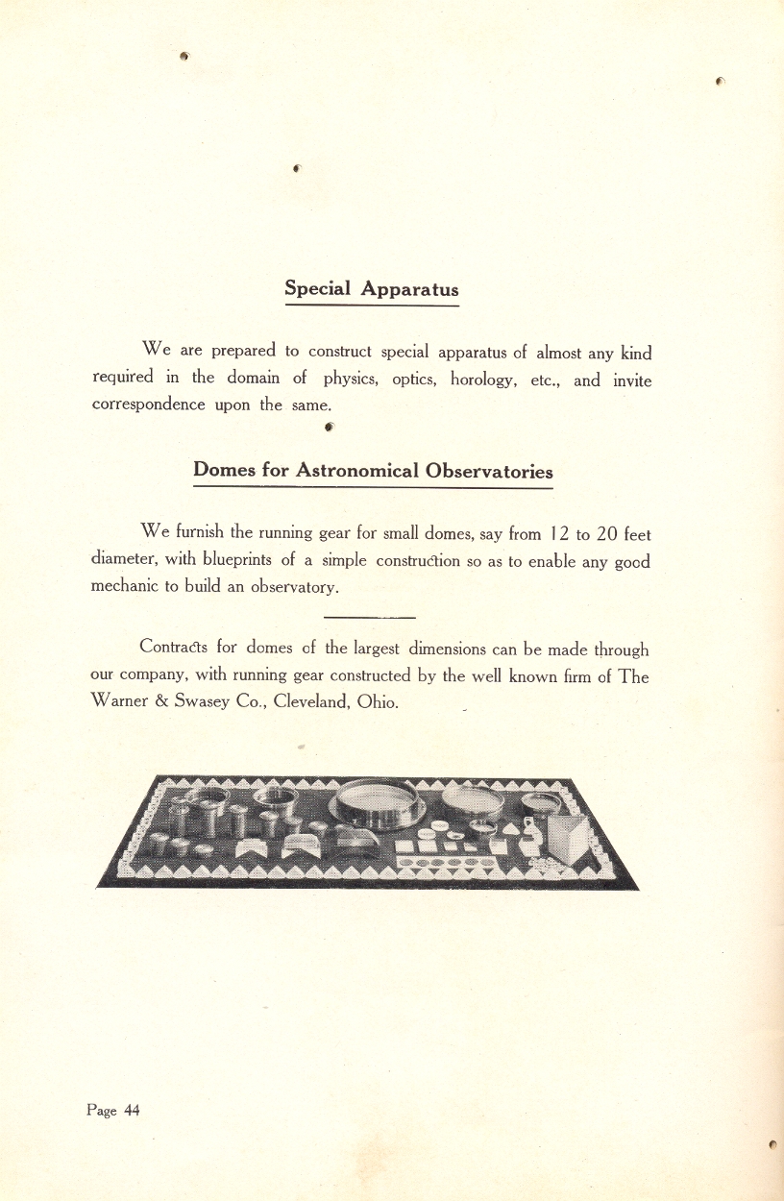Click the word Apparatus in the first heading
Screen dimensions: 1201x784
[410, 288]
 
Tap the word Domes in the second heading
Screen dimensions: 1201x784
[225, 470]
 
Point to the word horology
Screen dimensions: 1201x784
[485, 380]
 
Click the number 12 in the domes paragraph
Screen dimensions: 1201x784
[564, 533]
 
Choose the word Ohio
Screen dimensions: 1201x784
[377, 701]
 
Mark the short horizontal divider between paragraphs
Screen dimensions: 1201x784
[369, 616]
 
